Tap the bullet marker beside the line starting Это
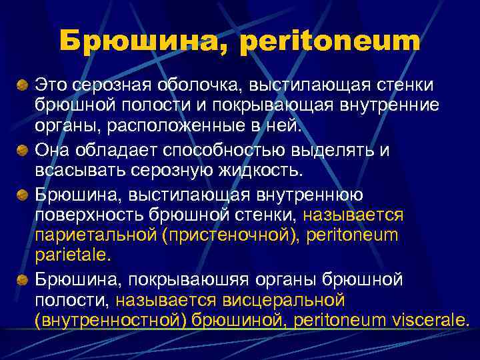point(22,85)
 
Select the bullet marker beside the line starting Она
point(22,151)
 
